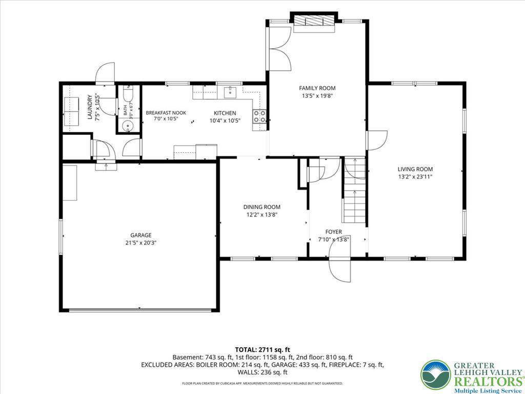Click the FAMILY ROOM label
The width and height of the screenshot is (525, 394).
click(317, 88)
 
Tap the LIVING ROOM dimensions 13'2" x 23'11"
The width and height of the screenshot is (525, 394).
click(415, 177)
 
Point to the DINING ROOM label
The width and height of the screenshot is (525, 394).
click(262, 207)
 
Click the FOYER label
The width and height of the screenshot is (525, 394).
click(333, 232)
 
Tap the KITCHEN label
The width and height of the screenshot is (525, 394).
click(225, 113)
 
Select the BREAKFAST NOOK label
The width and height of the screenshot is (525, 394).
click(166, 112)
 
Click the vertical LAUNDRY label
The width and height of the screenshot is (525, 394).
click(90, 107)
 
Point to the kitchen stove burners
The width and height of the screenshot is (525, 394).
click(260, 116)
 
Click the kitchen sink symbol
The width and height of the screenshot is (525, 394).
click(230, 91)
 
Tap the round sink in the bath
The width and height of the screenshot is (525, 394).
click(127, 126)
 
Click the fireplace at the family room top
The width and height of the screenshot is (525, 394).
click(314, 22)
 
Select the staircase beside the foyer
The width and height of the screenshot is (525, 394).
click(355, 191)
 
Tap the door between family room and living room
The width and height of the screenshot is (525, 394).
click(376, 140)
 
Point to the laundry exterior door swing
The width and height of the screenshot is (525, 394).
click(105, 73)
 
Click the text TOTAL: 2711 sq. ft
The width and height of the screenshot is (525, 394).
click(262, 350)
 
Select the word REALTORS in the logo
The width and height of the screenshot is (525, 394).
click(488, 382)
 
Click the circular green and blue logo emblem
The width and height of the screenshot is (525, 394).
click(436, 375)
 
